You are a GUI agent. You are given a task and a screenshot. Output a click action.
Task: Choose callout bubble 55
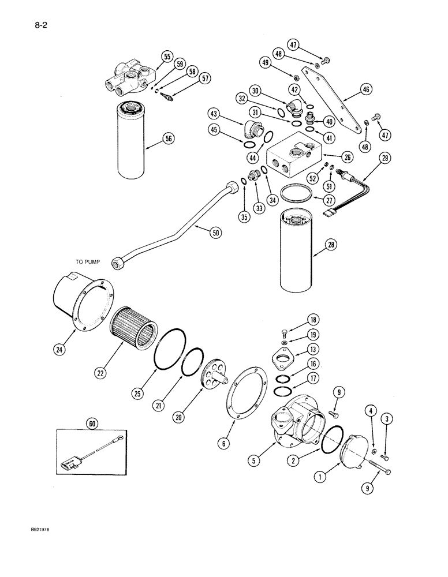pyautogui.click(x=166, y=56)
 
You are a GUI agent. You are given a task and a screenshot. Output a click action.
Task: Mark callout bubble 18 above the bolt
pyautogui.click(x=313, y=320)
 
